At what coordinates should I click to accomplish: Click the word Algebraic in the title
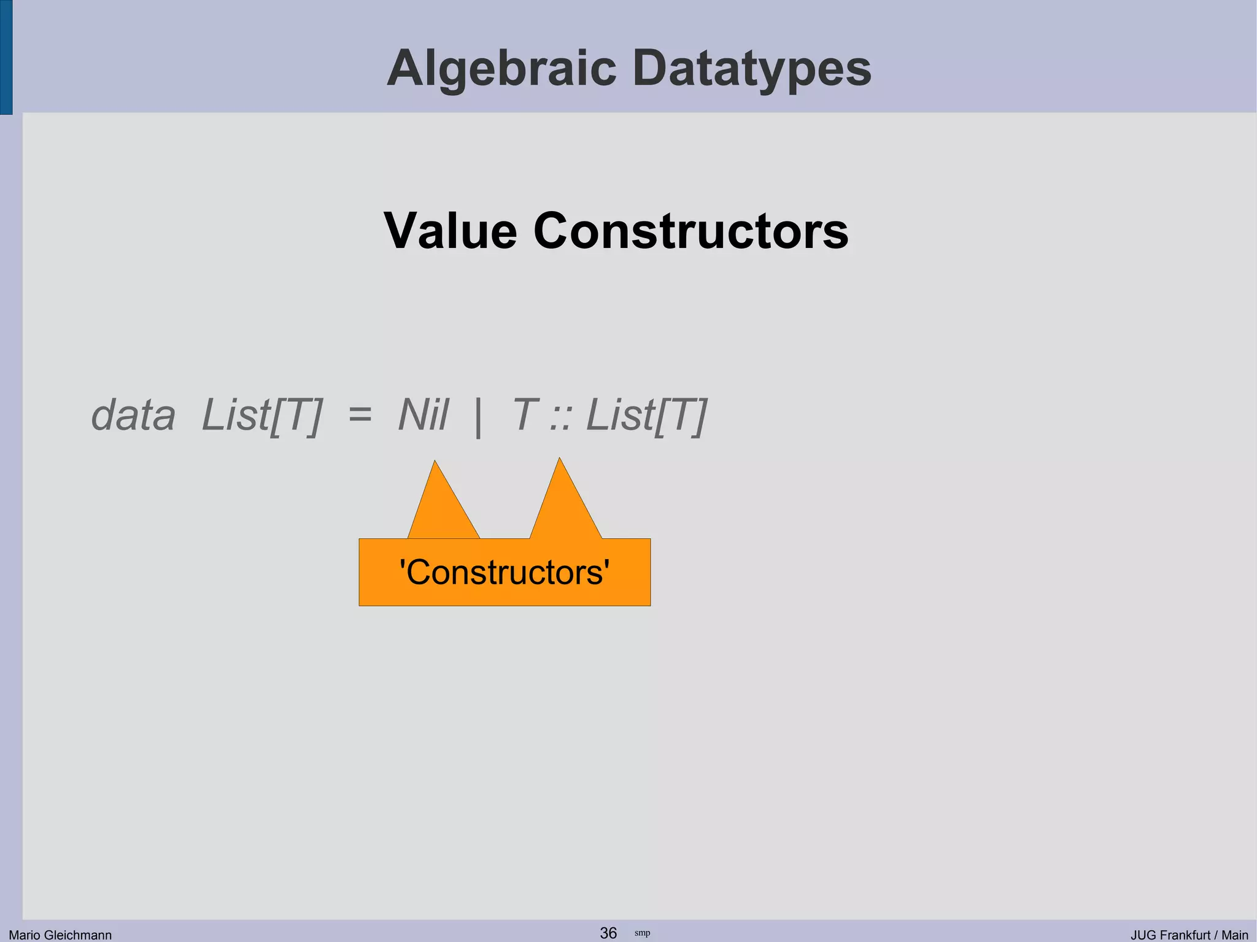tap(501, 69)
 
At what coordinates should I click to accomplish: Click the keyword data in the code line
tap(133, 415)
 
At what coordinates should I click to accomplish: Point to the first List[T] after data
tap(261, 415)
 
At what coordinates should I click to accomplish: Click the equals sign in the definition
tap(360, 415)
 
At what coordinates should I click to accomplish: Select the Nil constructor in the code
tap(424, 415)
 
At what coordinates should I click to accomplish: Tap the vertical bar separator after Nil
tap(478, 417)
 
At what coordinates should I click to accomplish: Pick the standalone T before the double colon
tap(525, 415)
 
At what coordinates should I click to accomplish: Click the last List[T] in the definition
tap(647, 415)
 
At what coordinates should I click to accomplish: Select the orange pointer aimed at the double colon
tap(563, 503)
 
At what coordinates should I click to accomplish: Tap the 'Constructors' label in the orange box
tap(504, 573)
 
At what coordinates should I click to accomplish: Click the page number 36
tap(608, 933)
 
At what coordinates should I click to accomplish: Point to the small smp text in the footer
tap(642, 933)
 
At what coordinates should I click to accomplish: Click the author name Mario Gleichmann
tap(60, 935)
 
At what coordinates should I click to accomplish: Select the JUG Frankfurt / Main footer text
tap(1189, 935)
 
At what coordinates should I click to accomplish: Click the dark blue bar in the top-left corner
tap(6, 56)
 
